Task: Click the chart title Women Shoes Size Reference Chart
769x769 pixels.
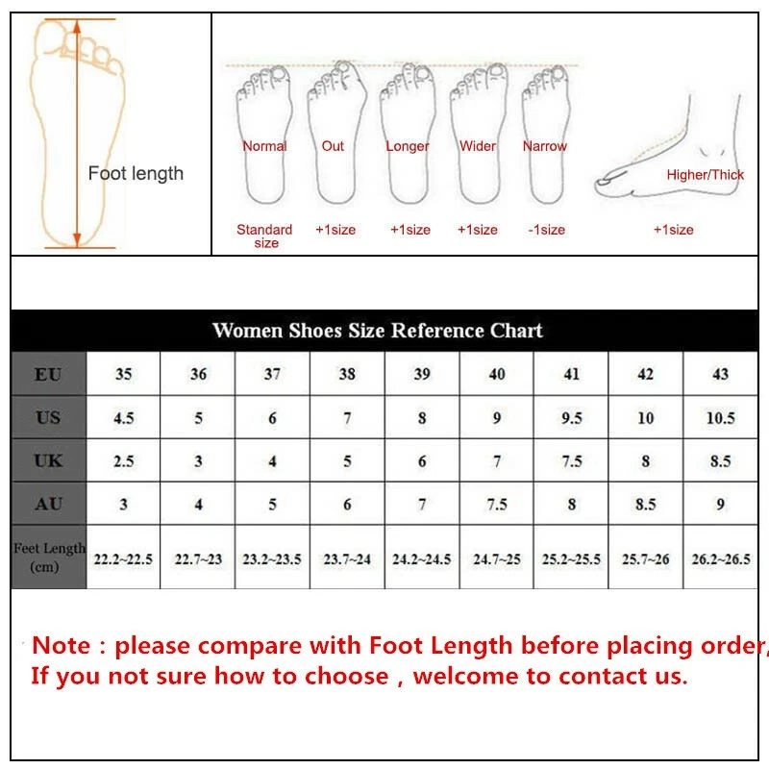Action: (377, 331)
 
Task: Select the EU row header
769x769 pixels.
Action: (48, 374)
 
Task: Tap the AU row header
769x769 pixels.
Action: (48, 504)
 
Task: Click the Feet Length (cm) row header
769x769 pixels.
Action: (49, 557)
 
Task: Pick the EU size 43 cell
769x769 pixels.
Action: (720, 374)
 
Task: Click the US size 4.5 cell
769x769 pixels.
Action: (123, 418)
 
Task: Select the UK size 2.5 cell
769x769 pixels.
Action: (123, 461)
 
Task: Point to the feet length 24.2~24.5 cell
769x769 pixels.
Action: (421, 558)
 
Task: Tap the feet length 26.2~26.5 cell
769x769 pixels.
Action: (720, 558)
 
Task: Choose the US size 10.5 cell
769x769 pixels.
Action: (720, 418)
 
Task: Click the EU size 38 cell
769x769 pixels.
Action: (347, 374)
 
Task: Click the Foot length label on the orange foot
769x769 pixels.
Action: (136, 174)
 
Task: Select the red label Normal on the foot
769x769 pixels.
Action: (264, 146)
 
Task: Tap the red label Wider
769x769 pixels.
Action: (478, 146)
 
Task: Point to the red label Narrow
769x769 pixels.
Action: (545, 146)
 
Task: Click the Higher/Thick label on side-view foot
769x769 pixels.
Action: (706, 175)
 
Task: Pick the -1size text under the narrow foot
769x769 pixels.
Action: (547, 230)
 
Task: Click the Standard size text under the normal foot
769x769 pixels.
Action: (265, 236)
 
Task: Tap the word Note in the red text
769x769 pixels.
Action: (63, 645)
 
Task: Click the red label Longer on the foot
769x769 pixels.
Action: (408, 146)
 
